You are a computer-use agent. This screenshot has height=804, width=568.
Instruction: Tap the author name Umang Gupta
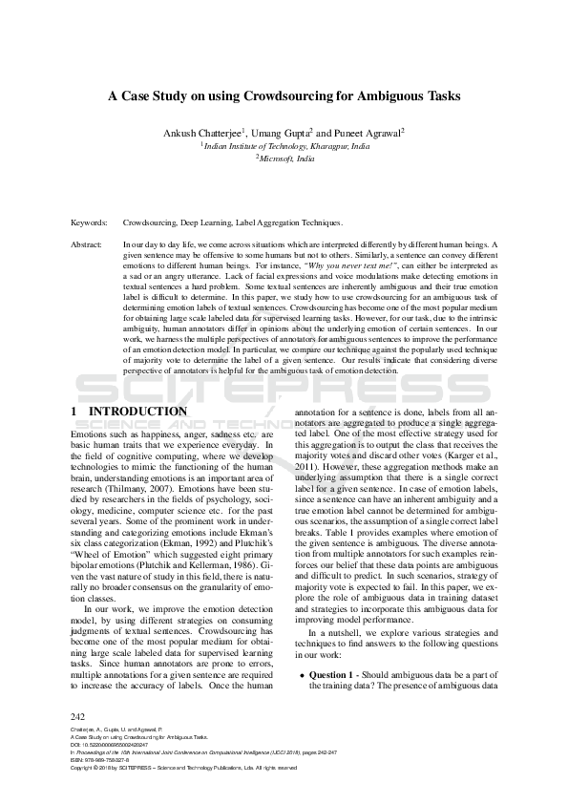point(284,132)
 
